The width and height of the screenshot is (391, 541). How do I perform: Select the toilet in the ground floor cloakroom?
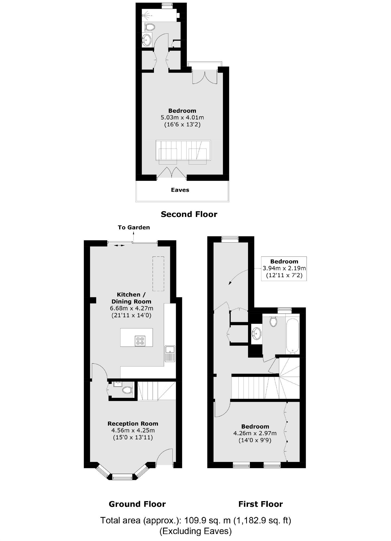tap(127, 390)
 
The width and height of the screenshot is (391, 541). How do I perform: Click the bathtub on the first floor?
tap(292, 336)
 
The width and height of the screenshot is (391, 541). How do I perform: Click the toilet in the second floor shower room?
tap(150, 27)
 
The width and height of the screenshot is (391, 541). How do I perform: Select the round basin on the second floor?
tap(146, 40)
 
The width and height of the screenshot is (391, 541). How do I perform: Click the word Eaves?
tap(180, 190)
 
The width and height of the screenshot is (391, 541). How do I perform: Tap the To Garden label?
tap(134, 227)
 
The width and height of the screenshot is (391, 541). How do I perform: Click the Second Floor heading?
tap(189, 214)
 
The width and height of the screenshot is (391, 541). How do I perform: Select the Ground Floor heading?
tap(137, 504)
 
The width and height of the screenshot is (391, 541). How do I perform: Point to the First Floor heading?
tap(260, 504)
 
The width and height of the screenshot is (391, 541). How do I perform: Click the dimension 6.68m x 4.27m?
tap(131, 308)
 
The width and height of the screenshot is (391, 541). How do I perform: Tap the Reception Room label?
tap(133, 423)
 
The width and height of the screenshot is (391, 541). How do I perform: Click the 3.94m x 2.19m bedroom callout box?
tap(284, 268)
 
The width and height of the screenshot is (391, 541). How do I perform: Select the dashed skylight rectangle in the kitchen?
tap(158, 273)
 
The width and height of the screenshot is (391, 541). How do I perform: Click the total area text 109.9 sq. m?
tap(195, 520)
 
